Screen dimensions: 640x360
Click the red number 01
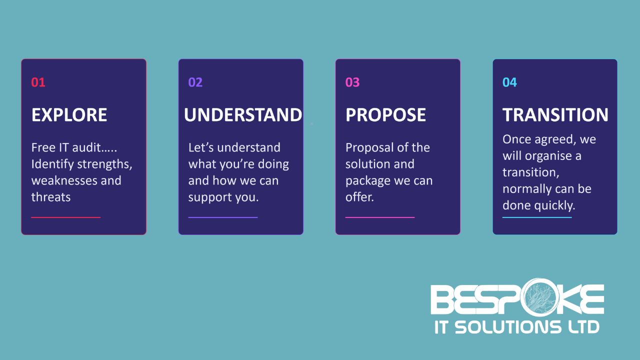38,82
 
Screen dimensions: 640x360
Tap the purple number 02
195,82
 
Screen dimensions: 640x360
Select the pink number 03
352,82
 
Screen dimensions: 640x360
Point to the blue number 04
509,82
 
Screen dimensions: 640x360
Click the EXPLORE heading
69,115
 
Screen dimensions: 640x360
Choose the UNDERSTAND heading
243,115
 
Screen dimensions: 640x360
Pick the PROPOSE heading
385,115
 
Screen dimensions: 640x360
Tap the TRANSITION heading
555,115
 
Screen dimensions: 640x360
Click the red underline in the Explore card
65,217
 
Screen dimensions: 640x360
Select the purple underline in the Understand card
223,217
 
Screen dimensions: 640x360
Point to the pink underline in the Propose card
380,217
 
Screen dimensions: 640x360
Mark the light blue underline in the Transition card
537,217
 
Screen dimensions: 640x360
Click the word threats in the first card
51,197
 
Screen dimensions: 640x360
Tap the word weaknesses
64,180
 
